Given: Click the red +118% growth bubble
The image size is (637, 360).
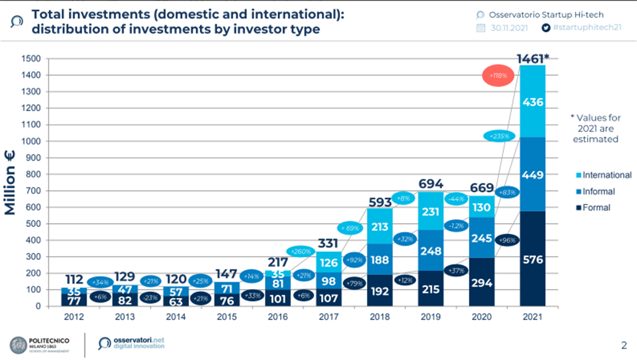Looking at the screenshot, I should [498, 76].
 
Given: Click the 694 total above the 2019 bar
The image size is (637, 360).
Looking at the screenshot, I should [431, 184].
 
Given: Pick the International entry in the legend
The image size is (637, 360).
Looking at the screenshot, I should [604, 175].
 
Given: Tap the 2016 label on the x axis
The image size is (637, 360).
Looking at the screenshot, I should [278, 317].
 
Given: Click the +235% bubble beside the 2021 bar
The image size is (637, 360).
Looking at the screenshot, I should [499, 136].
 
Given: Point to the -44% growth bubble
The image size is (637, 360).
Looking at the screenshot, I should [457, 199].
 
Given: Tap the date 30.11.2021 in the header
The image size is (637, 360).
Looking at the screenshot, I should [509, 28].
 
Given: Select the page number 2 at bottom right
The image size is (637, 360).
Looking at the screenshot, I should [623, 346].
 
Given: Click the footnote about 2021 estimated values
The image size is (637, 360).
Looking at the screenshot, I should [595, 128].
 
